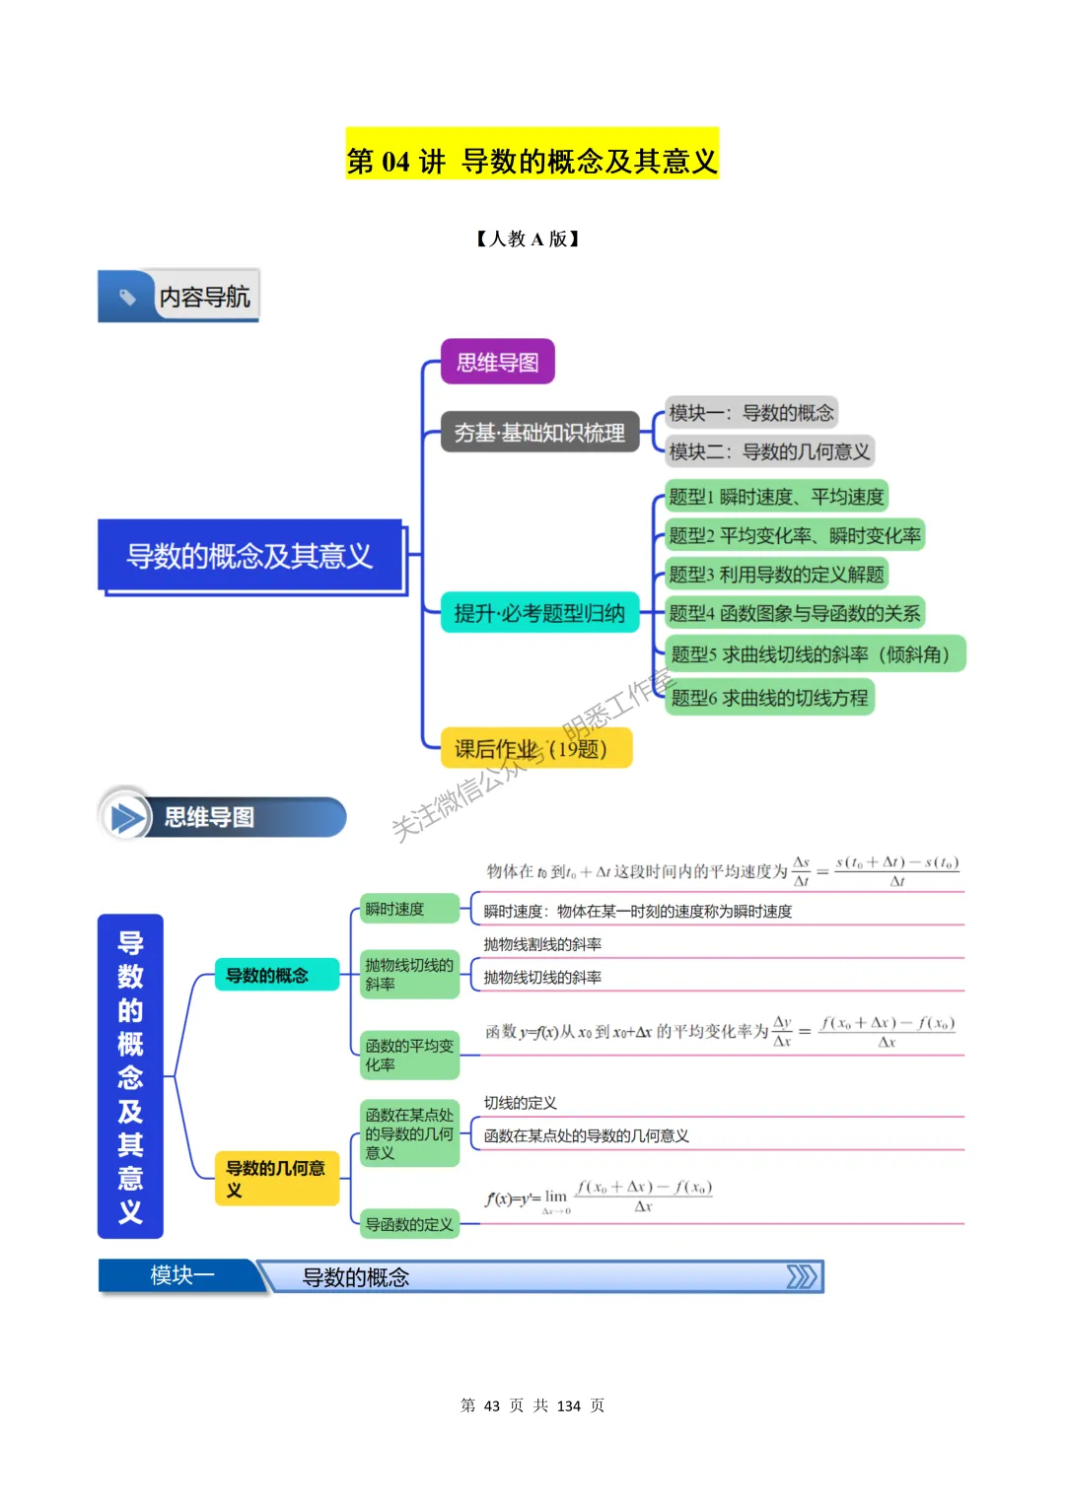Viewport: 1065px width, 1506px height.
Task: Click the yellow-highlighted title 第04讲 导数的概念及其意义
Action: [x=532, y=160]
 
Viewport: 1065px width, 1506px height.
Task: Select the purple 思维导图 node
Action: [x=497, y=363]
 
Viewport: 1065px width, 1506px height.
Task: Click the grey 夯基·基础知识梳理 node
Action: [x=539, y=432]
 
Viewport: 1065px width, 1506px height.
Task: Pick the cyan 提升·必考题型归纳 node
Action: [x=539, y=613]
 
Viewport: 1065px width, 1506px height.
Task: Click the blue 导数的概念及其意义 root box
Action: [x=249, y=556]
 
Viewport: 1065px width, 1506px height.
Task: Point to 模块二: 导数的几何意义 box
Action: [x=769, y=451]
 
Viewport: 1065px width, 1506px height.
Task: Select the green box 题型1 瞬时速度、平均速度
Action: [x=776, y=496]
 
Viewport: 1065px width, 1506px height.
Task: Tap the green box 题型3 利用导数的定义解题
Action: [x=776, y=575]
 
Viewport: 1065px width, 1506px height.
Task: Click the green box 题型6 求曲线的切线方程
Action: [x=769, y=698]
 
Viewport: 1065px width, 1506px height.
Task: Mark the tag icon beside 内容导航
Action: [x=126, y=296]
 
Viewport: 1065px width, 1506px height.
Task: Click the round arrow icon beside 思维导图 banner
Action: [x=125, y=816]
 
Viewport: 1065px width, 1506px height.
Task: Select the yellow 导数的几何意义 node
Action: [x=276, y=1179]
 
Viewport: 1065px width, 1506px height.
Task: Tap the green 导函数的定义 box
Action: [x=409, y=1224]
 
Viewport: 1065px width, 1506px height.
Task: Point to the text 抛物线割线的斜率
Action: [x=542, y=944]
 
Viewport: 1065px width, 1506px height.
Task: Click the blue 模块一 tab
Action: [x=181, y=1275]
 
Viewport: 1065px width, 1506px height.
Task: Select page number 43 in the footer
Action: [x=492, y=1405]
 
